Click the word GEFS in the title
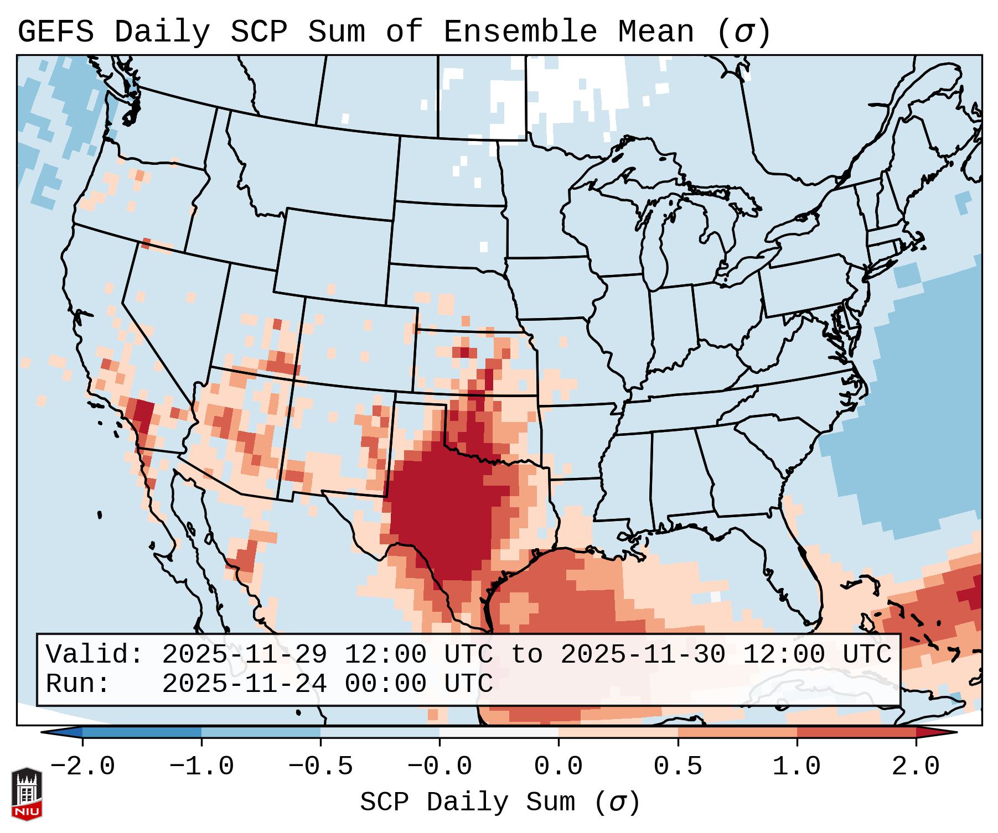[55, 32]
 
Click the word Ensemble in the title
[520, 32]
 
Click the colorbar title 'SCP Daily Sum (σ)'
[500, 803]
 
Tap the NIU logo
[27, 794]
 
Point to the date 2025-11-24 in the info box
[244, 684]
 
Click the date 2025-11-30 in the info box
[643, 654]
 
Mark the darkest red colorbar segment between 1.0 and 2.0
[856, 732]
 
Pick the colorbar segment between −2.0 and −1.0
[142, 732]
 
